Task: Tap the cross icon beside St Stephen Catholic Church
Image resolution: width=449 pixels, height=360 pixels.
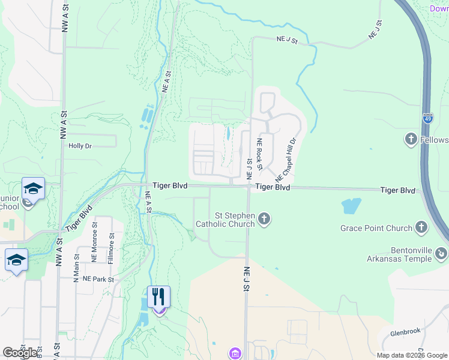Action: [265, 220]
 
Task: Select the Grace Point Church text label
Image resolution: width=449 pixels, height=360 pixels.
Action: [376, 228]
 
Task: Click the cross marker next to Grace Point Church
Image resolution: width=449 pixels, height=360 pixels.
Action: [421, 227]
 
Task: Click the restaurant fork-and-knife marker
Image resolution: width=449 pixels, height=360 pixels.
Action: [158, 296]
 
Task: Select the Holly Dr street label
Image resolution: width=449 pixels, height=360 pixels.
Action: [80, 146]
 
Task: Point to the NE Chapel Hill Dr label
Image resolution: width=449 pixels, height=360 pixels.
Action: [286, 160]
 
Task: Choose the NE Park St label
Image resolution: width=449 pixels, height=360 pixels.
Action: [98, 279]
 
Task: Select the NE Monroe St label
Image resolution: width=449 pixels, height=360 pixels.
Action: [95, 242]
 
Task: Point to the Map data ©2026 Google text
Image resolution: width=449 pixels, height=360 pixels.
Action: [411, 355]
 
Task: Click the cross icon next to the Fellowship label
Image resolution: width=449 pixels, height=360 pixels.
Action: [411, 140]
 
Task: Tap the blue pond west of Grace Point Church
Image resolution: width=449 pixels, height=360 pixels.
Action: [351, 206]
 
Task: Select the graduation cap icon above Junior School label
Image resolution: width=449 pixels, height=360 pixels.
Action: [34, 188]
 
